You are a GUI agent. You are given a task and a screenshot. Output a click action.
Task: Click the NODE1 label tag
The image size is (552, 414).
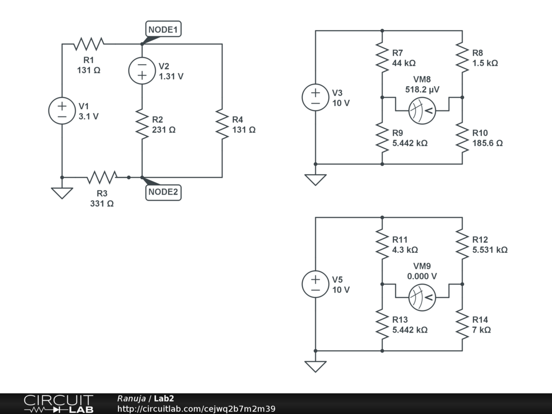coord(163,30)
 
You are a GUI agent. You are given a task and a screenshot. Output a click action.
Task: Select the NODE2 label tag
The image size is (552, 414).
coord(163,192)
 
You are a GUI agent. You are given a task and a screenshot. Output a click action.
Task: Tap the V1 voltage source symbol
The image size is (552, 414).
coord(62,111)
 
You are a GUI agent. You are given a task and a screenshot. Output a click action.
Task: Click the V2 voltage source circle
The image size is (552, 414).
coord(142,70)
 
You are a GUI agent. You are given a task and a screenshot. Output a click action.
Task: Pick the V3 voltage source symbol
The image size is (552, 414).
coord(315,98)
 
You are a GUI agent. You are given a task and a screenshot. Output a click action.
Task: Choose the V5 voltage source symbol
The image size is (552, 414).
coord(315,284)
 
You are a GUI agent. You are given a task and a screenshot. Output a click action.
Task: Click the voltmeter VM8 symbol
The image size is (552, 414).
coord(422,111)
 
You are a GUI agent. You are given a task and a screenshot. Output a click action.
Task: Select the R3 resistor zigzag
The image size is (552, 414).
coord(102,177)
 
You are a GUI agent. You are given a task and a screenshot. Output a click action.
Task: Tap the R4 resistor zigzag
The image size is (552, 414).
coord(222,123)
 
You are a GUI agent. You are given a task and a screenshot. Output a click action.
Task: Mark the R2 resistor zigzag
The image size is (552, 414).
coord(142,123)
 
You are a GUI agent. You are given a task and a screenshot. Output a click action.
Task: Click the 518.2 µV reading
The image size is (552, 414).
coord(422,90)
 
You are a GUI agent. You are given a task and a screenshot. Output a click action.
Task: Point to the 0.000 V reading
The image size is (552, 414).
coord(422,276)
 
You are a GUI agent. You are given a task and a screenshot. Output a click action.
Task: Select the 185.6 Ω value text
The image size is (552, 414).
coord(487,143)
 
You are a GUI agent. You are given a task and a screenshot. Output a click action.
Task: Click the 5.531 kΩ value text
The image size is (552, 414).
coord(489,250)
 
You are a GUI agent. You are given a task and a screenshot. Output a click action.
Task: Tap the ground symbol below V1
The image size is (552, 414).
coord(62,192)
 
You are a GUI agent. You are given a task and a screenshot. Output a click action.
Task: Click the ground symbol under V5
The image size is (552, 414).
coord(315,366)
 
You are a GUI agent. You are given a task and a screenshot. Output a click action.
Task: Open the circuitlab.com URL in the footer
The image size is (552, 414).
coord(196,409)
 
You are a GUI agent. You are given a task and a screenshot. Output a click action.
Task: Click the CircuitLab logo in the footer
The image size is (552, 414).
coord(58,404)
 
